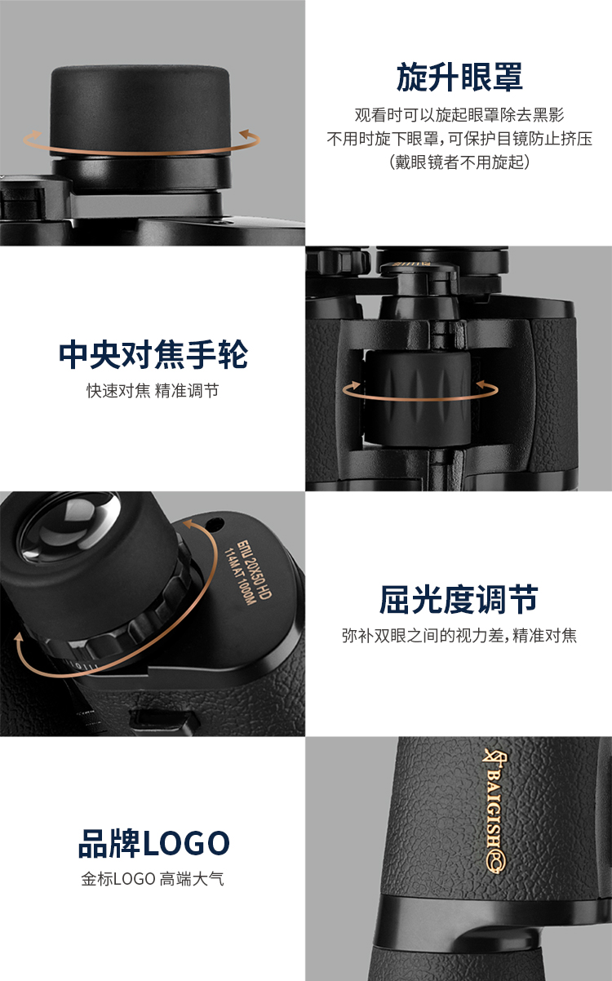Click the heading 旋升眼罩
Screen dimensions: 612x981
(459, 77)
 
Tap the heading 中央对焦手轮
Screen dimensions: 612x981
(153, 354)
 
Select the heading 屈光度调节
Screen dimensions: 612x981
(459, 599)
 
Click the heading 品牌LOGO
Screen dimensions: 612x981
(153, 843)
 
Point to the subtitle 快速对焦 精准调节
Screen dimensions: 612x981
(153, 391)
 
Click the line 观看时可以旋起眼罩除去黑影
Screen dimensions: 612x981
(459, 115)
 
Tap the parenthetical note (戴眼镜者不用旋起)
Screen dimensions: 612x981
(459, 162)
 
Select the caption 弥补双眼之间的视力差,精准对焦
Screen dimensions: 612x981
(459, 636)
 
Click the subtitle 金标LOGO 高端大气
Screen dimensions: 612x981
(153, 879)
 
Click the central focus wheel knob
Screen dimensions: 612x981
(418, 397)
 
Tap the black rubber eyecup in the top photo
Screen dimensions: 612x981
(140, 109)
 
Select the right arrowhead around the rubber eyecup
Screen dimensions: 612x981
(248, 134)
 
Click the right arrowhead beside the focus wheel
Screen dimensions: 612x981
(484, 385)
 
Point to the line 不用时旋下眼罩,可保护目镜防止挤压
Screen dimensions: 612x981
(459, 139)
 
